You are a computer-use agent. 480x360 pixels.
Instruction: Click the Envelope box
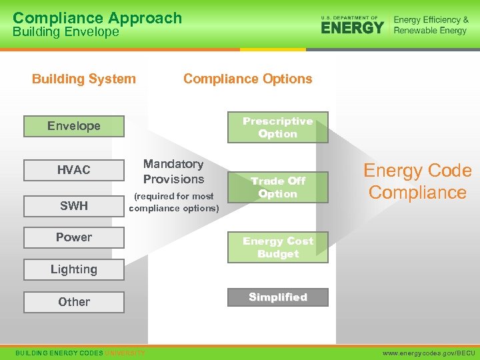tap(73, 126)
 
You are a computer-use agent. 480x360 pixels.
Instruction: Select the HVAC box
tap(73, 170)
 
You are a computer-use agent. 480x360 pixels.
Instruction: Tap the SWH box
tap(73, 205)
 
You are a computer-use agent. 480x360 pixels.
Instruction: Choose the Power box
tap(73, 237)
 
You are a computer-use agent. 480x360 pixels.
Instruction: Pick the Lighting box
tap(73, 269)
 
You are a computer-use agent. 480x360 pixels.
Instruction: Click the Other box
tap(73, 302)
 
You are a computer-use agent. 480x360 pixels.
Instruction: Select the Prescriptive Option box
tap(277, 127)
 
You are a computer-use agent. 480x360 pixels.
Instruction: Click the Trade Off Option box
tap(277, 187)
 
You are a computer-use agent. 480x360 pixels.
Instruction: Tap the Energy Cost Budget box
tap(277, 247)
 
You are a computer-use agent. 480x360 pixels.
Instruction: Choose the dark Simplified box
tap(277, 297)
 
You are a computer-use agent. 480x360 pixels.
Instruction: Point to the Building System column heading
tap(83, 79)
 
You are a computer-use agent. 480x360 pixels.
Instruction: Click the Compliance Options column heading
tap(247, 79)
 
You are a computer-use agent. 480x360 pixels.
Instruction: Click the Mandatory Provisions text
tap(173, 171)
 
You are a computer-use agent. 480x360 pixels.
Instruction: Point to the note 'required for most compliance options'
tap(173, 202)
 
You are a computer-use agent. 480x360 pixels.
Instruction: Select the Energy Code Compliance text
tap(417, 181)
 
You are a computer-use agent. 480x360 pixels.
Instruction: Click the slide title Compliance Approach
tap(97, 18)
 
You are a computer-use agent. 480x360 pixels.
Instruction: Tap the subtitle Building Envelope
tap(65, 32)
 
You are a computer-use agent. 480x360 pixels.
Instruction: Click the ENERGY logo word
tap(353, 27)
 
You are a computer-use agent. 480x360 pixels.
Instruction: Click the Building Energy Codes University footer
tap(80, 352)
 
